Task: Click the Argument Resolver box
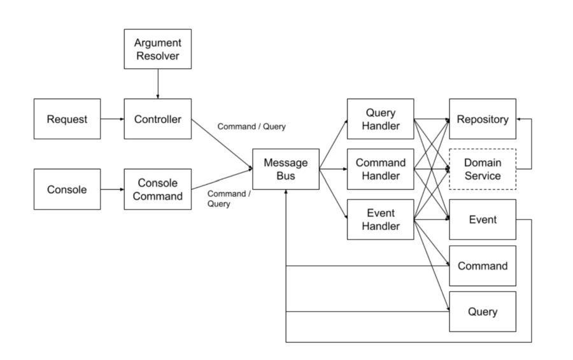pyautogui.click(x=158, y=50)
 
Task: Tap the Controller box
pyautogui.click(x=158, y=119)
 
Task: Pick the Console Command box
pyautogui.click(x=158, y=189)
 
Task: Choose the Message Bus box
pyautogui.click(x=286, y=169)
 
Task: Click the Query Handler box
pyautogui.click(x=380, y=119)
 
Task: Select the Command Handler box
pyautogui.click(x=380, y=169)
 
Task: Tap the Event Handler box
pyautogui.click(x=380, y=219)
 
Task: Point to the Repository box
pyautogui.click(x=483, y=119)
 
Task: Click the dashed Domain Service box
pyautogui.click(x=483, y=169)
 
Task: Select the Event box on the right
pyautogui.click(x=483, y=219)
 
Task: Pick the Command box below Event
pyautogui.click(x=483, y=266)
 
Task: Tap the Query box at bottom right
pyautogui.click(x=483, y=312)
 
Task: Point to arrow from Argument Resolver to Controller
pyautogui.click(x=158, y=84)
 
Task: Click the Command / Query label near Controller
pyautogui.click(x=251, y=126)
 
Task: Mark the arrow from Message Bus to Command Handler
pyautogui.click(x=333, y=169)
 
